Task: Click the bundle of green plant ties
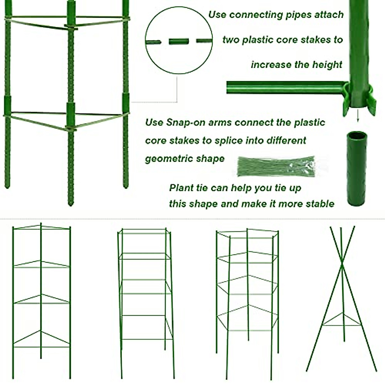pyautogui.click(x=276, y=166)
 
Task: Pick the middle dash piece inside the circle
pyautogui.click(x=179, y=41)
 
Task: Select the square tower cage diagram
pyautogui.click(x=146, y=302)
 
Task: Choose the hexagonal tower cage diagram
pyautogui.click(x=247, y=302)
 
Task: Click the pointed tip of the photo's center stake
pyautogui.click(x=71, y=203)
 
